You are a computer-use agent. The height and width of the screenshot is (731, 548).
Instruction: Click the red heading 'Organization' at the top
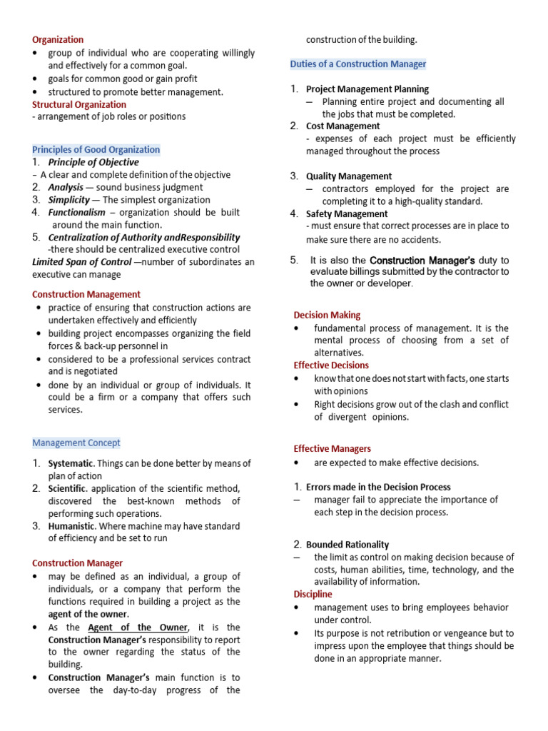58,40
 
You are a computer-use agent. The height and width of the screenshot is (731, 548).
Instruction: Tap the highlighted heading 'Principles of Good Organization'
96,149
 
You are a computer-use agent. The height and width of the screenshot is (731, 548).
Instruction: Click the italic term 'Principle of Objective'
93,162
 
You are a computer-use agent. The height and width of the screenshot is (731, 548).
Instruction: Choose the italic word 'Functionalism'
76,212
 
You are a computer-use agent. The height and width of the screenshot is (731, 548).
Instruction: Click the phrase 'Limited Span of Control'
82,262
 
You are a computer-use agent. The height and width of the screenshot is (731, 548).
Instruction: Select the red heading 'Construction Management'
86,294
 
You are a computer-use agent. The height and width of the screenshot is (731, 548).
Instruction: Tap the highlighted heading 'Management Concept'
76,443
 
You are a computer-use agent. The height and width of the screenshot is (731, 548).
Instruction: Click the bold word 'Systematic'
71,463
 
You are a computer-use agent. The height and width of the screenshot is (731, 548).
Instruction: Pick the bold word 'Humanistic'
72,526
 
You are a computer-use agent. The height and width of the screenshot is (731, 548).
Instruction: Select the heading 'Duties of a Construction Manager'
358,64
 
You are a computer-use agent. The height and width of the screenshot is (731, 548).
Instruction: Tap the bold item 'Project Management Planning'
367,89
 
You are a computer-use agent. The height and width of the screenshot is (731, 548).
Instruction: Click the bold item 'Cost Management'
342,126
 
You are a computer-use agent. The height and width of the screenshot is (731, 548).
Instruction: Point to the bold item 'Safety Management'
347,213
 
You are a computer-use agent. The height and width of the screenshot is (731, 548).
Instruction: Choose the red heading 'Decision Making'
327,315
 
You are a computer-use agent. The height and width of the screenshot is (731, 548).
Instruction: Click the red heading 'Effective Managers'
333,449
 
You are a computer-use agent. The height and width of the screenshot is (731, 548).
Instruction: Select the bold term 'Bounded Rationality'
347,544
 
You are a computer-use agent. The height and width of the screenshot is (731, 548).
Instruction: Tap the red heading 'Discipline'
313,594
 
